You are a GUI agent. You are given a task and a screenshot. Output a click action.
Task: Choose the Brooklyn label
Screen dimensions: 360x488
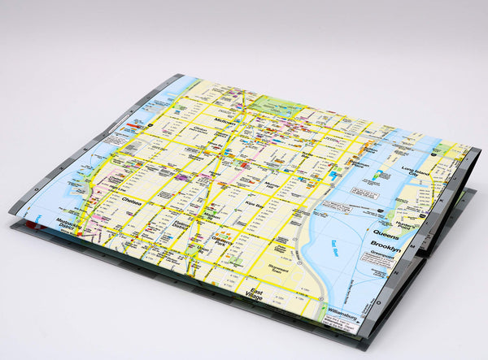coord(386,244)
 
